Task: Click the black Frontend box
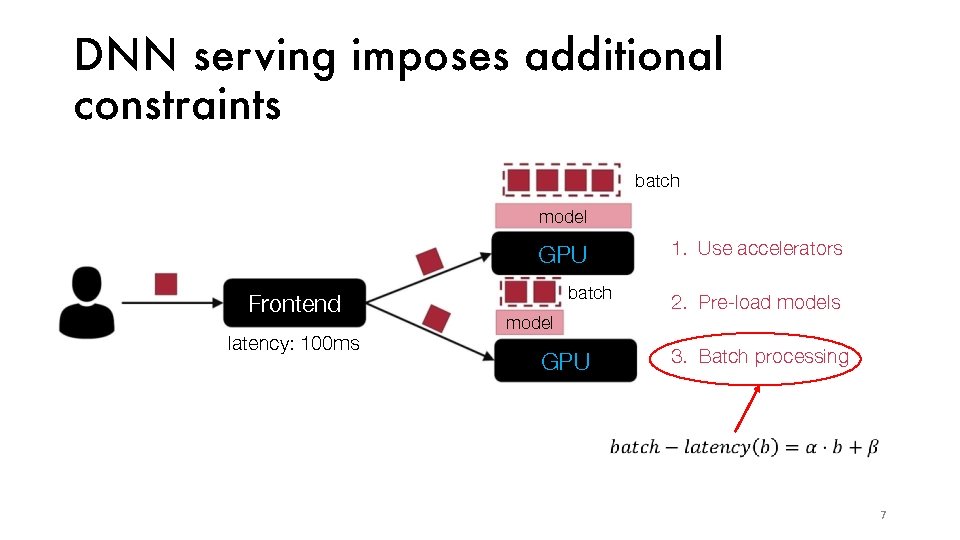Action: [x=294, y=304]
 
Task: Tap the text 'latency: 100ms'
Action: [x=294, y=344]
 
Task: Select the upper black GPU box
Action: [x=563, y=254]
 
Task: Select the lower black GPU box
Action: [x=565, y=361]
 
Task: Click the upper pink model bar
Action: [x=563, y=216]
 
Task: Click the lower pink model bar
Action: [x=529, y=322]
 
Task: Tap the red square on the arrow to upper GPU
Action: [x=429, y=261]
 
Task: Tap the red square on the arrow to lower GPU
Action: [x=436, y=318]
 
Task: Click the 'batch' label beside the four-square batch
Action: [x=657, y=181]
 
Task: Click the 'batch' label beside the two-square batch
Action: [x=589, y=293]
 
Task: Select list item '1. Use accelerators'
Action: [x=757, y=249]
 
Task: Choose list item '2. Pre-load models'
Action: [x=756, y=303]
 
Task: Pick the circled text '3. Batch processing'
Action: [x=760, y=357]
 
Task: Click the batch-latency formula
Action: [x=744, y=447]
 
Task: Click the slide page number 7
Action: [x=882, y=515]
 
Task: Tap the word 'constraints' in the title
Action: [x=177, y=104]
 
